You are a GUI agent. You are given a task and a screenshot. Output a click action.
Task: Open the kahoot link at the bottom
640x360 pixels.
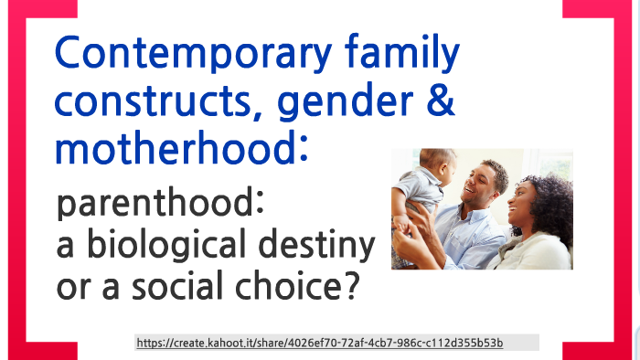pos(320,343)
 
